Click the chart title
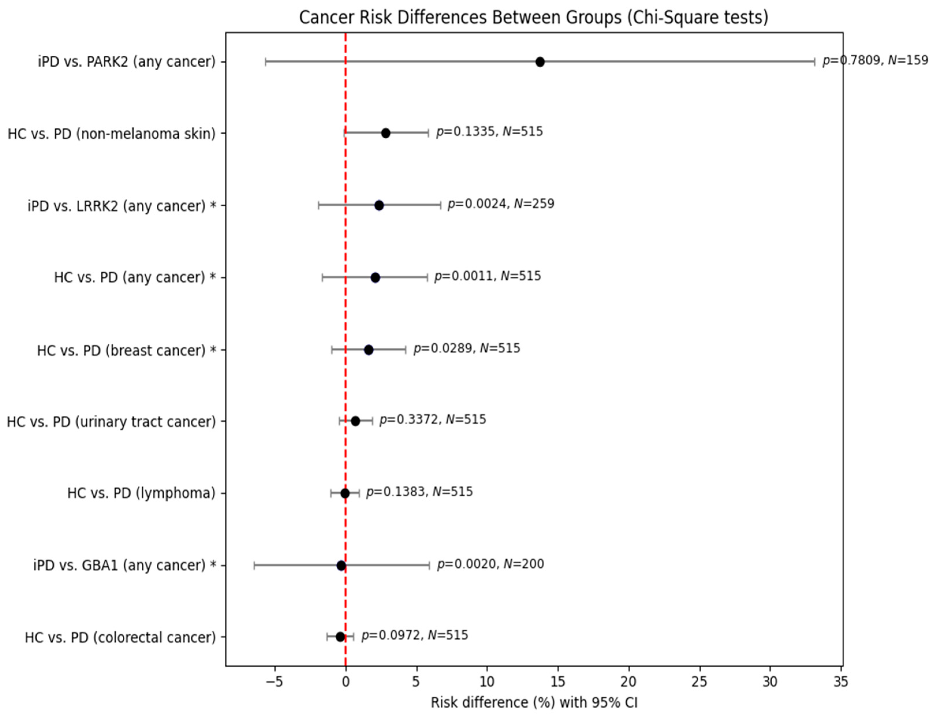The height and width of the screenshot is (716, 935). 534,18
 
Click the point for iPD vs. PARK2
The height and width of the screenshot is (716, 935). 540,62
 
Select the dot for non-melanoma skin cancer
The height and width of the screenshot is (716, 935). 386,133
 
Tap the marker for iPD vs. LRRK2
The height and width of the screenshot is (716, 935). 379,205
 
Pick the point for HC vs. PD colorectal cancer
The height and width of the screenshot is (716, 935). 340,637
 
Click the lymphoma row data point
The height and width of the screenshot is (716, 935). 345,493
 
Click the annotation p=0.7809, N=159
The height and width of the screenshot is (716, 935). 875,61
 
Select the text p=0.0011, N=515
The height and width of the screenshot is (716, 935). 487,276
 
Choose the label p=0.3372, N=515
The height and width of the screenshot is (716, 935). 433,420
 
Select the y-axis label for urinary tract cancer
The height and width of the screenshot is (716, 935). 111,422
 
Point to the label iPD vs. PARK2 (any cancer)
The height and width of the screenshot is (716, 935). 127,62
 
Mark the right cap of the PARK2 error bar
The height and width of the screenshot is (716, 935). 814,62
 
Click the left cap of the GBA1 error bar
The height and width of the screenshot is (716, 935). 255,566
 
